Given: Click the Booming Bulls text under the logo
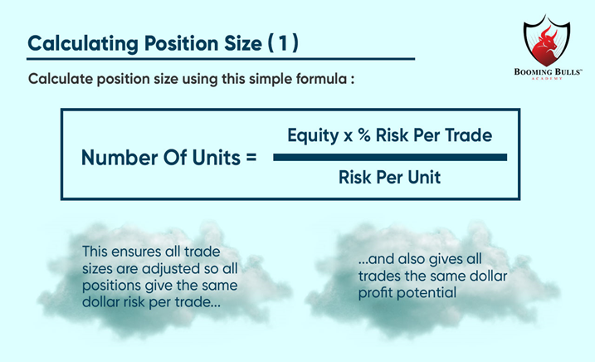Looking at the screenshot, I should click(547, 73).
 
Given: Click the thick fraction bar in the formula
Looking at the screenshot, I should click(389, 157).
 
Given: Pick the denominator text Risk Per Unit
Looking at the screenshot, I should click(388, 177).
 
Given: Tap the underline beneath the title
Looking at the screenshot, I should click(221, 60).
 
